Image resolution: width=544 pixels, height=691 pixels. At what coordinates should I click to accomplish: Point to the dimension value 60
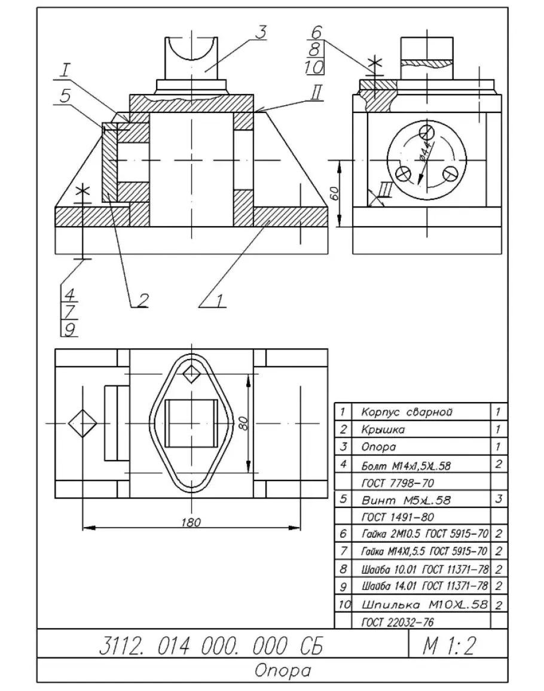pos(335,193)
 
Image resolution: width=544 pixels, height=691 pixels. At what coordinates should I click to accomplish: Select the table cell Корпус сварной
pos(404,412)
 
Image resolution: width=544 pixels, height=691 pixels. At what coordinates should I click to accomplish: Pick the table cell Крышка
pos(383,430)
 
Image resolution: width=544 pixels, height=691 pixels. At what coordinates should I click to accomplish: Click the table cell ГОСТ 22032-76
pos(398,622)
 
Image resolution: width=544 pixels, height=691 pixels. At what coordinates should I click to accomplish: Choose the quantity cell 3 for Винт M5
pos(499,498)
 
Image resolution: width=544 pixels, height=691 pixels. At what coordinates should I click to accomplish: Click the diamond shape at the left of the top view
pos(82,422)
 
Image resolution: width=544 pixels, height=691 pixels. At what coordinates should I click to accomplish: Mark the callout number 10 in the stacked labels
pos(314,68)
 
